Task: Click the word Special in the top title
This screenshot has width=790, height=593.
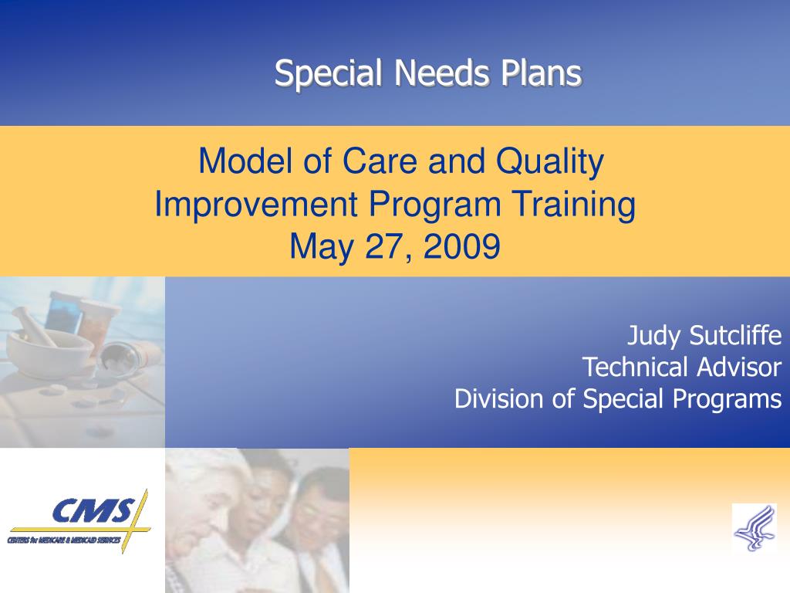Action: click(328, 74)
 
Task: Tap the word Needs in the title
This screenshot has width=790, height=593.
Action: click(441, 73)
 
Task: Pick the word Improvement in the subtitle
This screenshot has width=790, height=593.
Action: click(256, 204)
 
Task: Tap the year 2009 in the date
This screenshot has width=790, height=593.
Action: click(462, 246)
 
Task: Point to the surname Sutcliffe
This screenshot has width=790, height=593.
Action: click(735, 335)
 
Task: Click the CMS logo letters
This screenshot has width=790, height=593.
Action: click(94, 511)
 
